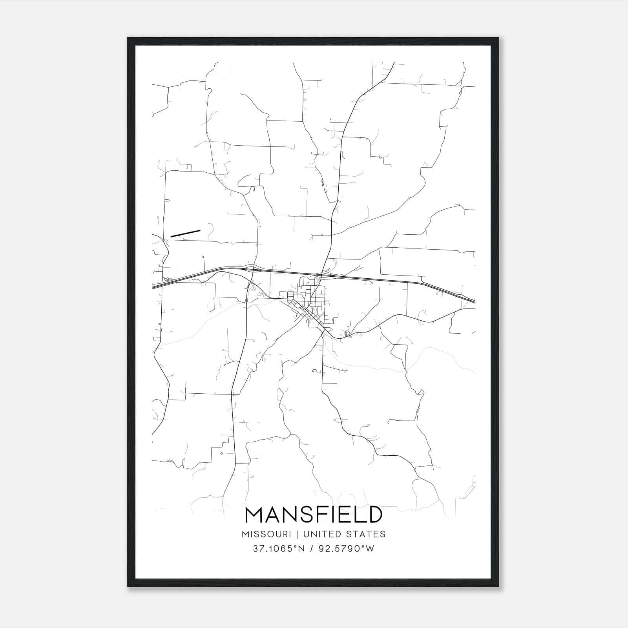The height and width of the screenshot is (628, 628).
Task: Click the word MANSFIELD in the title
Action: (314, 515)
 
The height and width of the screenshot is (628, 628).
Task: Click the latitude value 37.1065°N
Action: (279, 549)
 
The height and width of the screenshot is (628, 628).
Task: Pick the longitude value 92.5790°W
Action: (347, 549)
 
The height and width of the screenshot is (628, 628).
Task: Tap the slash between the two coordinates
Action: (312, 549)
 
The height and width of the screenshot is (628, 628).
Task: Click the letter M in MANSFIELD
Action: (254, 515)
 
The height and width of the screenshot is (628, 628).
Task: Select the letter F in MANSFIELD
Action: (328, 515)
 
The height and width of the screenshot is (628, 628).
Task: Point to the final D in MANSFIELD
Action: (374, 515)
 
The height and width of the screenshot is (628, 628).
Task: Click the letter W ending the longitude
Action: (370, 549)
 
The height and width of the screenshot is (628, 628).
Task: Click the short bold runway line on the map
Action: (185, 234)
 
